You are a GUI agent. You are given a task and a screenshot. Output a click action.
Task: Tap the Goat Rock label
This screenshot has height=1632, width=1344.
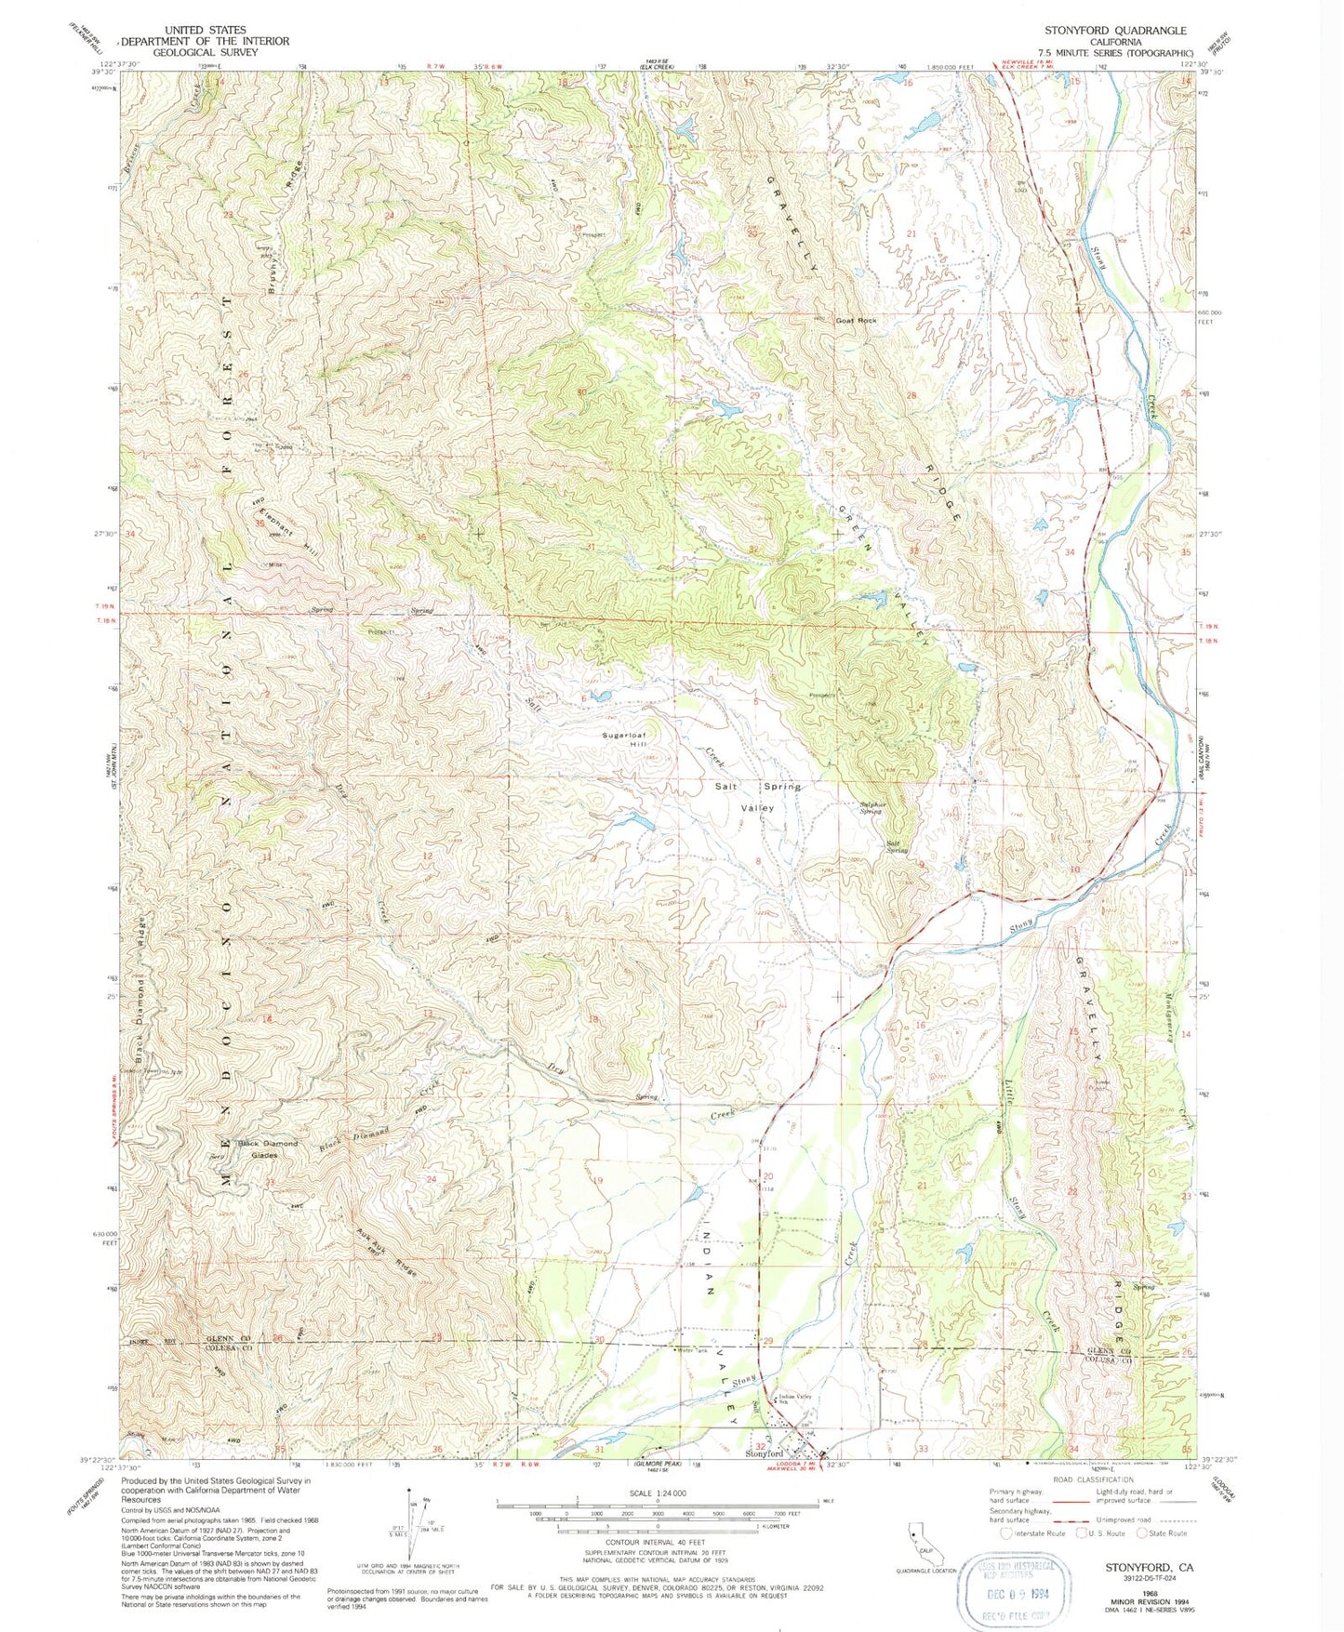pyautogui.click(x=856, y=321)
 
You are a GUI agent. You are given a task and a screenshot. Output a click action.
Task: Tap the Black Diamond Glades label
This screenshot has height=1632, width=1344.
pyautogui.click(x=268, y=1148)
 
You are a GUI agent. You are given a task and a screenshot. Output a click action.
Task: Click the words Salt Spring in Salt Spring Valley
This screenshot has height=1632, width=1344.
pyautogui.click(x=757, y=787)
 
